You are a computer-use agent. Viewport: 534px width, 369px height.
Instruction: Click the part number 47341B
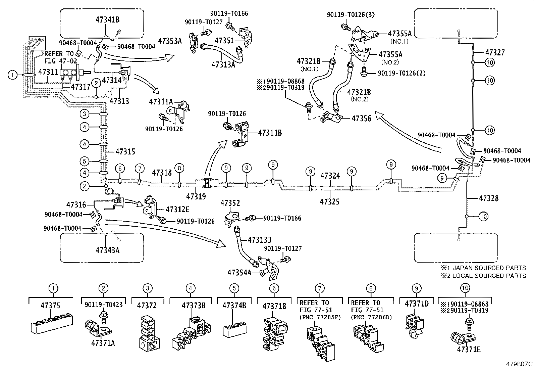pos(108,19)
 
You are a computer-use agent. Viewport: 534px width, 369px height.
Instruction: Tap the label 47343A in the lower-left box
pos(108,250)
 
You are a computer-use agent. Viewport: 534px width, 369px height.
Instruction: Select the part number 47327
pos(495,52)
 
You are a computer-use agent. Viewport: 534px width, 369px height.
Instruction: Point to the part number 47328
pos(489,198)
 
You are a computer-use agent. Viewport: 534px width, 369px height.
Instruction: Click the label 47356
pos(361,119)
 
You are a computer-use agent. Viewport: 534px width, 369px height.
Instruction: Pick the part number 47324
pos(330,176)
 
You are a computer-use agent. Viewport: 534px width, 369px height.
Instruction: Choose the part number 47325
pos(330,202)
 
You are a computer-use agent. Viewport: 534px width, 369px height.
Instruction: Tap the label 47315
pos(125,151)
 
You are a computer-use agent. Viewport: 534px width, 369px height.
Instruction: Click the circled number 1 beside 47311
pos(12,75)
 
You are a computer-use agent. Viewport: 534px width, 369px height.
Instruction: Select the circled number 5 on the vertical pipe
pos(85,161)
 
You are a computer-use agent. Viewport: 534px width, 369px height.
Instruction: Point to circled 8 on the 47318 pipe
pos(179,168)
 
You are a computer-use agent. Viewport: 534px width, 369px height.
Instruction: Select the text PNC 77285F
pos(320,317)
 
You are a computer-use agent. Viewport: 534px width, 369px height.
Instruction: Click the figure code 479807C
pos(519,364)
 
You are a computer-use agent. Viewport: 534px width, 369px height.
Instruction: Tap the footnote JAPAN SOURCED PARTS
pos(489,268)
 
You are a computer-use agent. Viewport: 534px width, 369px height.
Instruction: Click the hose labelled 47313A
pos(222,54)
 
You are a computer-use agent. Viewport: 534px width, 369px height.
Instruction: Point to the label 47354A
pos(239,273)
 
